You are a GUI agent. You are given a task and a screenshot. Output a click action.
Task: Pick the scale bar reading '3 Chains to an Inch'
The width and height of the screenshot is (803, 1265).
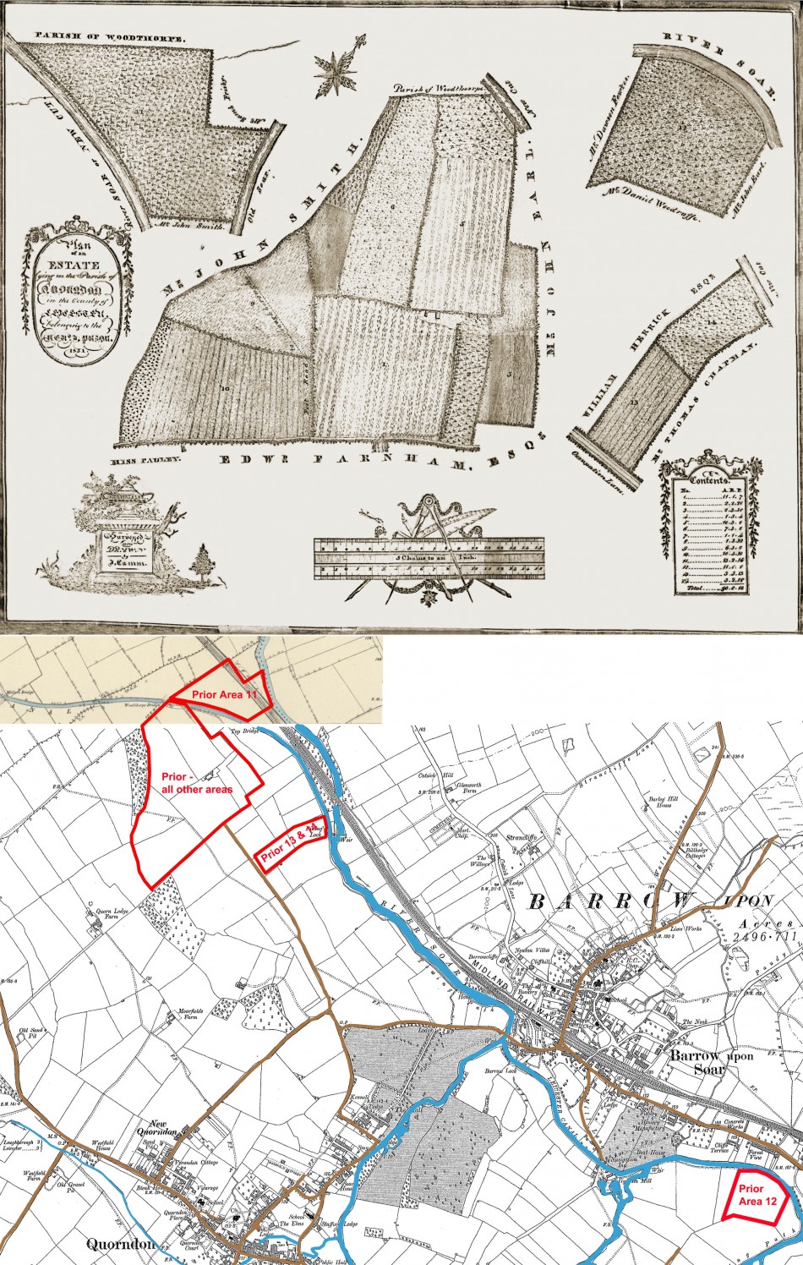[433, 558]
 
